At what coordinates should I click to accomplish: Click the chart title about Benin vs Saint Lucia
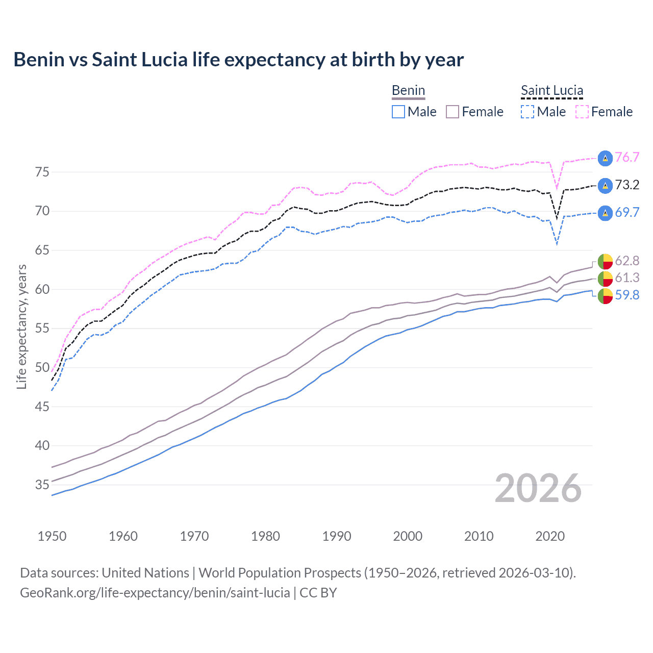pyautogui.click(x=238, y=60)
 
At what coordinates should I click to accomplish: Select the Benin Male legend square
pyautogui.click(x=398, y=112)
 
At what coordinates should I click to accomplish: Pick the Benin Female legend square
pyautogui.click(x=453, y=112)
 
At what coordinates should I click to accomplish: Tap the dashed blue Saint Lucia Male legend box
pyautogui.click(x=528, y=112)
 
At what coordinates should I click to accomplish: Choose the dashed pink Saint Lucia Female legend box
pyautogui.click(x=582, y=112)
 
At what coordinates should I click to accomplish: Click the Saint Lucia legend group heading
pyautogui.click(x=552, y=91)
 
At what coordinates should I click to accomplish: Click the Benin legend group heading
pyautogui.click(x=408, y=91)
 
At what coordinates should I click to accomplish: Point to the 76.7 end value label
pyautogui.click(x=627, y=157)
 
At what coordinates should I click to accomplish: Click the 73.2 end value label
pyautogui.click(x=627, y=185)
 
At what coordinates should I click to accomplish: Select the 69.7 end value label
pyautogui.click(x=627, y=212)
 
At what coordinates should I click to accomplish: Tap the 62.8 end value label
pyautogui.click(x=627, y=261)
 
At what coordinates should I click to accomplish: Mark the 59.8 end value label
pyautogui.click(x=627, y=295)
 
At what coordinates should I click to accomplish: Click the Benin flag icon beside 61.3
pyautogui.click(x=605, y=279)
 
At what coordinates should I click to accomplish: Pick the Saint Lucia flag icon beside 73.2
pyautogui.click(x=605, y=186)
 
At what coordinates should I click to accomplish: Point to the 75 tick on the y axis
pyautogui.click(x=42, y=172)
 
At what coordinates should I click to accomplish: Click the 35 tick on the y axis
pyautogui.click(x=42, y=485)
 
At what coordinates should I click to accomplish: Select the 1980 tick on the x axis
pyautogui.click(x=265, y=536)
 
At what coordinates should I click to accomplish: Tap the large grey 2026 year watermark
pyautogui.click(x=538, y=488)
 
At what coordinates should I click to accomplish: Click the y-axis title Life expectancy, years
pyautogui.click(x=21, y=326)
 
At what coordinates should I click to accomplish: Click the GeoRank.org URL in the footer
pyautogui.click(x=155, y=593)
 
